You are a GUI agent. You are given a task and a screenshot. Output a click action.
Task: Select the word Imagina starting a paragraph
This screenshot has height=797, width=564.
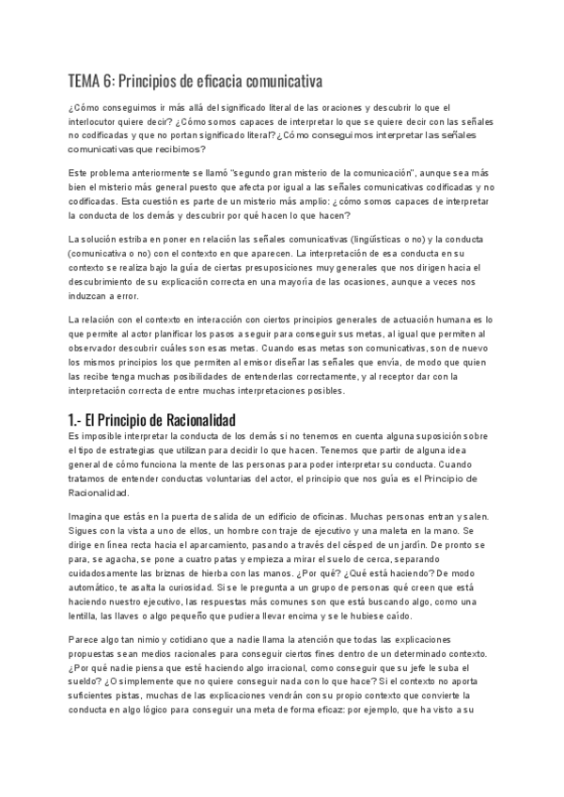click(x=91, y=517)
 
